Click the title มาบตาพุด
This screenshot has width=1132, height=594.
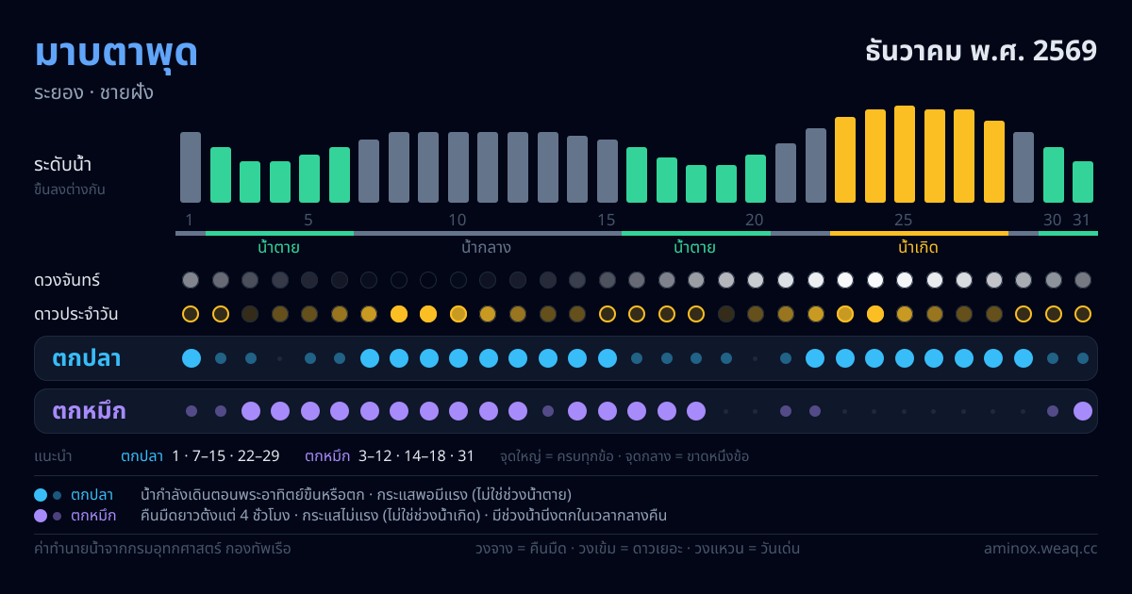pos(116,54)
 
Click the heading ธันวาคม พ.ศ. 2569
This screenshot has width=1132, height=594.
pos(981,51)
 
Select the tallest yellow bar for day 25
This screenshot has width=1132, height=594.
pos(904,154)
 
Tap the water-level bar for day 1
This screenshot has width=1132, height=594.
pos(191,167)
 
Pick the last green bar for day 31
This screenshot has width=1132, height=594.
pos(1083,182)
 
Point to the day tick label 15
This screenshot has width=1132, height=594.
pos(606,220)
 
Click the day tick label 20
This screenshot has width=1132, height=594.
pos(754,220)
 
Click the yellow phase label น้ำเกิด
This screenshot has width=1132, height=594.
pos(918,247)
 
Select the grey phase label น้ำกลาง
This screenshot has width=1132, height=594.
pos(486,247)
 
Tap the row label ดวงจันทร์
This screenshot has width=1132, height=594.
pos(67,280)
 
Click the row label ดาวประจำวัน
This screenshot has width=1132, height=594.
pos(75,314)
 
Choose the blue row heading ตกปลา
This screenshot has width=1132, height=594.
pos(87,358)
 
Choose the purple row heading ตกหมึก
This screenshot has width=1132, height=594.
pos(89,411)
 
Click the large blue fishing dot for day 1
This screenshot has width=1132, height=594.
pos(191,358)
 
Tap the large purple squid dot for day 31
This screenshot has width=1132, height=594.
pos(1083,411)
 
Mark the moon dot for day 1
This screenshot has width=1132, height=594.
pos(191,280)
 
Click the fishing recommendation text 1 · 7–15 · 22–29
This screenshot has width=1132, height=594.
pos(225,456)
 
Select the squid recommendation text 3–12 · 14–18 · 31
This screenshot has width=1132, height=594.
pos(416,456)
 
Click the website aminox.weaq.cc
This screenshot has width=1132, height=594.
pos(1040,548)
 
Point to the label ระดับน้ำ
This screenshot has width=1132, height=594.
pos(62,165)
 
